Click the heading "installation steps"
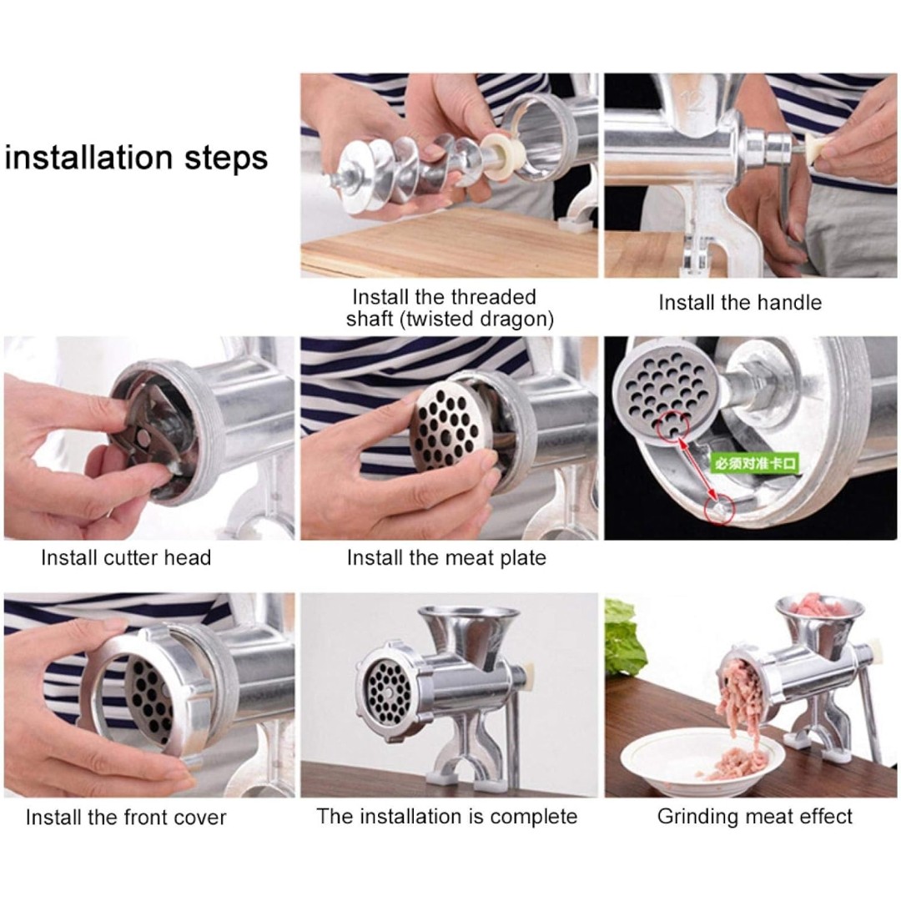(x=136, y=158)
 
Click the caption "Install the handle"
(x=740, y=303)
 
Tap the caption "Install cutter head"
(x=126, y=557)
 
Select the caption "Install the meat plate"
(x=446, y=558)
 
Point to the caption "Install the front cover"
(x=126, y=817)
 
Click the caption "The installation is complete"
(x=447, y=817)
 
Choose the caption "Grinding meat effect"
(x=754, y=817)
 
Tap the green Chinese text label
(x=755, y=463)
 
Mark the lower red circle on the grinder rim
(x=719, y=509)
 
